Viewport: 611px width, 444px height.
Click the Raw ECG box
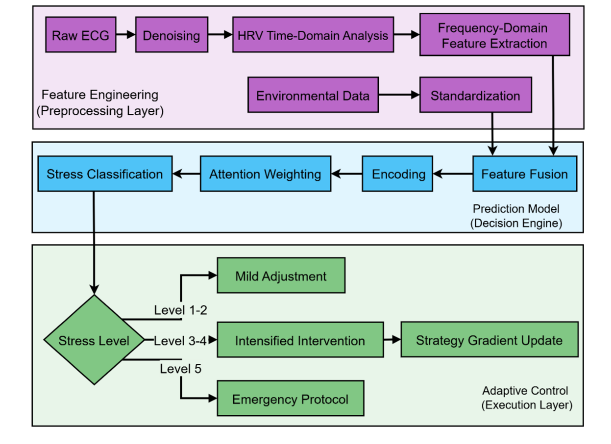click(80, 35)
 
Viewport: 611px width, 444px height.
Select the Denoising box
click(171, 35)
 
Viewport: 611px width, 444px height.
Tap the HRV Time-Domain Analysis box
click(313, 35)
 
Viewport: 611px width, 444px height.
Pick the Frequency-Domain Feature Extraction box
click(494, 35)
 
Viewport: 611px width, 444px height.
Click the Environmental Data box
click(313, 95)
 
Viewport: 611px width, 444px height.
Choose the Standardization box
click(475, 95)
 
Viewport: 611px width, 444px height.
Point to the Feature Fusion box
click(524, 174)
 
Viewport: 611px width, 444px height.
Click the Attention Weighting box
click(265, 174)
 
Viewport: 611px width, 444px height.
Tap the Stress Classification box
click(105, 174)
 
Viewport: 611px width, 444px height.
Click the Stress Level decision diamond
click(94, 340)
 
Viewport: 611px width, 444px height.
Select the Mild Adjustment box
click(281, 275)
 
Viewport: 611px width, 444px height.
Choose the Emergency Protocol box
click(290, 398)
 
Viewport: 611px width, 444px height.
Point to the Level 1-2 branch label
click(180, 310)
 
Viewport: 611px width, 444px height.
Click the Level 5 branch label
click(180, 369)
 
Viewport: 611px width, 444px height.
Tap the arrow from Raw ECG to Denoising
click(126, 35)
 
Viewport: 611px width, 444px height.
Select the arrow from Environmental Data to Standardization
click(399, 95)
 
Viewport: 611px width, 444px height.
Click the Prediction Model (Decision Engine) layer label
click(516, 216)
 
